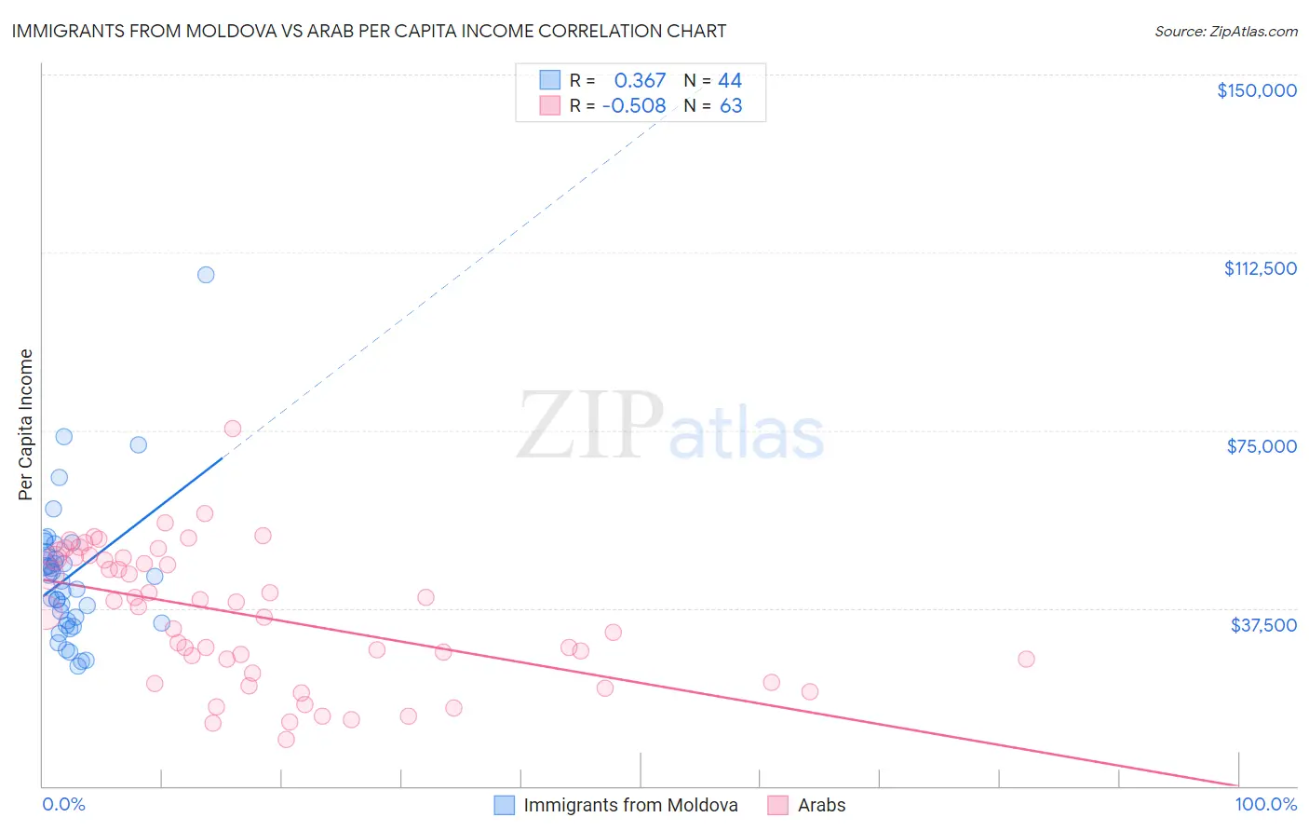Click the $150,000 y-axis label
tap(1256, 90)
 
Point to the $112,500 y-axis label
tap(1260, 268)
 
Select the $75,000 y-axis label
tap(1262, 446)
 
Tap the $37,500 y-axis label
tap(1263, 625)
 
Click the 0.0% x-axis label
tap(63, 805)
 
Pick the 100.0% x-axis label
tap(1265, 805)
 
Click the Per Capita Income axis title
tap(26, 425)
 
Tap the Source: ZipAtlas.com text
tap(1225, 32)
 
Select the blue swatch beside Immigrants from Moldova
tap(504, 805)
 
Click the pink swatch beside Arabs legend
tap(778, 805)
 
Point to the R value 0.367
tap(640, 81)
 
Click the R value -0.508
tap(634, 106)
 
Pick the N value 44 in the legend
tap(730, 81)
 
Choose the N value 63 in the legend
tap(731, 106)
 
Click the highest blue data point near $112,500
tap(206, 275)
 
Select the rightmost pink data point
tap(1026, 659)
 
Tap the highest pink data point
tap(233, 429)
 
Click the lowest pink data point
tap(286, 740)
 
